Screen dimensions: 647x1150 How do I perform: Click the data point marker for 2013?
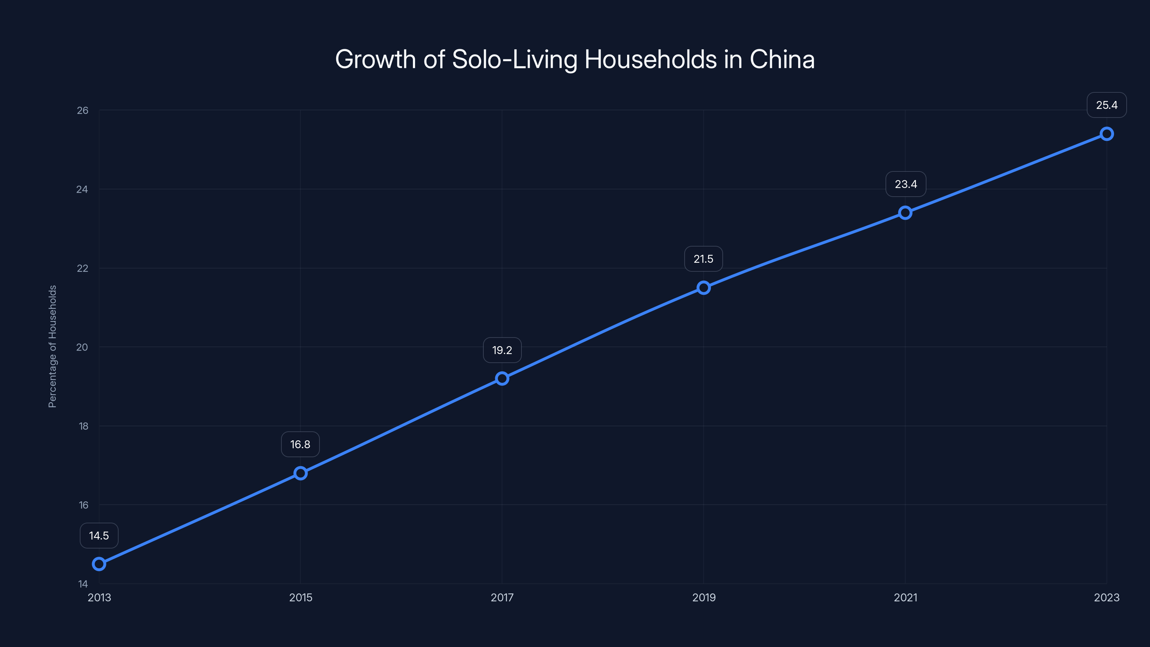(99, 564)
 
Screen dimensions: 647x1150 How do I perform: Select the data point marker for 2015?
(300, 473)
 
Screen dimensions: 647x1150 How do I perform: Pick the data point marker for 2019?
(704, 288)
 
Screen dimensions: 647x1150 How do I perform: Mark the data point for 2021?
(905, 212)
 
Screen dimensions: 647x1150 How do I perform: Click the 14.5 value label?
(99, 535)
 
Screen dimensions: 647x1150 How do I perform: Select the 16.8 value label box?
(300, 444)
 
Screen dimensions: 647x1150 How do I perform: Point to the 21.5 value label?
(703, 259)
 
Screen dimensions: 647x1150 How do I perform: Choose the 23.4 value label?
(905, 184)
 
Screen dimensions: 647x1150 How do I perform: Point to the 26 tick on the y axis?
(83, 110)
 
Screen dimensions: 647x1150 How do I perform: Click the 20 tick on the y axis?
(82, 347)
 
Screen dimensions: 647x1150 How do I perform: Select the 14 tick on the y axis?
(83, 584)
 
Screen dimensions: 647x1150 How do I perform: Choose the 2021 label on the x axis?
(905, 597)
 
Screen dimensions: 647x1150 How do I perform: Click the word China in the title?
(782, 59)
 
